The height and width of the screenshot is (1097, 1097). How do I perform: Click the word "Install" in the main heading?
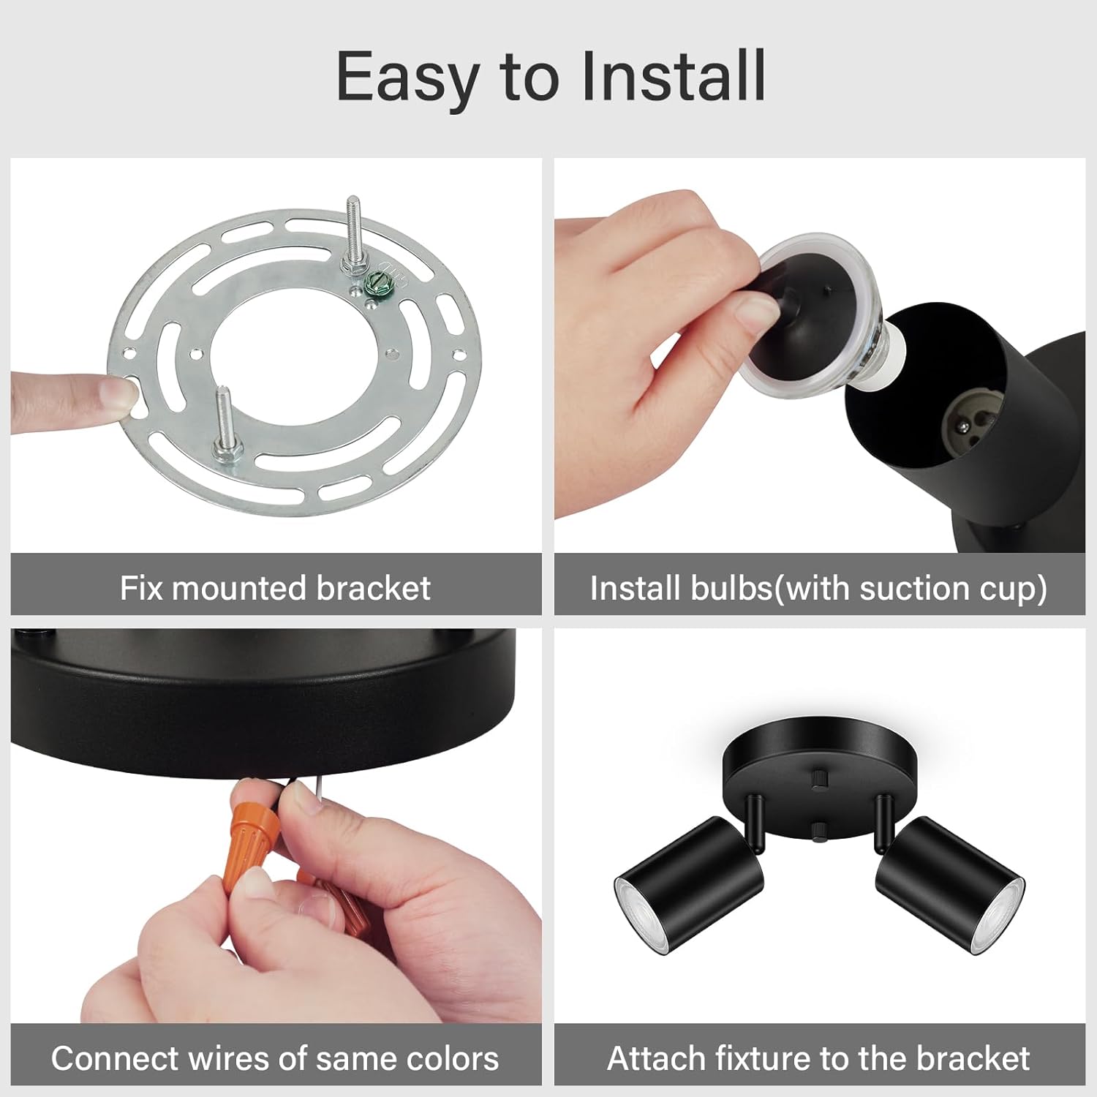point(673,77)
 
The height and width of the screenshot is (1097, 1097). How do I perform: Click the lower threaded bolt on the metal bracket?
point(224,423)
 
